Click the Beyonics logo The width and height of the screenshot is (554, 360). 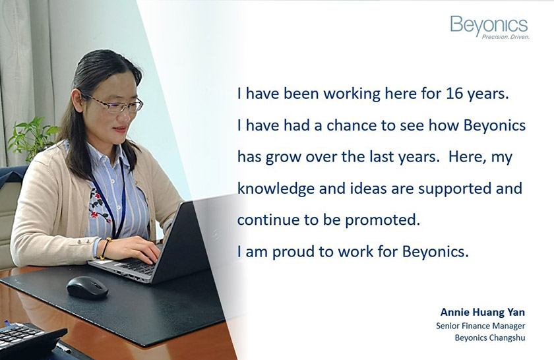tap(489, 27)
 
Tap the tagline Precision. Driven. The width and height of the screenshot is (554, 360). tap(506, 37)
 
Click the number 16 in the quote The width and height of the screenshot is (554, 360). tap(454, 94)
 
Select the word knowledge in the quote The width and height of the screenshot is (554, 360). tap(276, 189)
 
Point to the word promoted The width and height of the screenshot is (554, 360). tap(383, 220)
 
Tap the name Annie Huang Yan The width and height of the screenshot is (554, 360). tap(483, 313)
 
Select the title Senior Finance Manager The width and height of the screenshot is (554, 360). tap(481, 326)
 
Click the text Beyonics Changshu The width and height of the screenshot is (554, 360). tap(489, 338)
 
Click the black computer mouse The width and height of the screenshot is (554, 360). tap(87, 287)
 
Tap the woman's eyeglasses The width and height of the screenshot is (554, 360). tap(115, 103)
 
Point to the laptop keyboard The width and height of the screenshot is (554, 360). tap(136, 266)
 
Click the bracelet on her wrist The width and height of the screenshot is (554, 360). tap(106, 249)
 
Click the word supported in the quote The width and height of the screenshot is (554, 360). tap(455, 189)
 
